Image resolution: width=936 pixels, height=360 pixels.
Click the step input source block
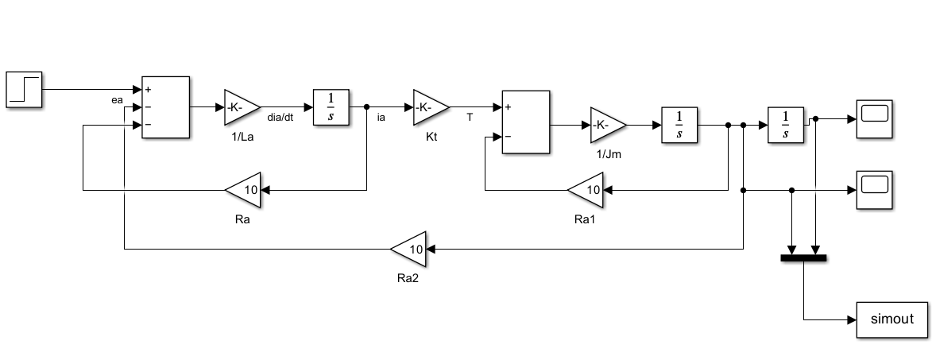(x=24, y=90)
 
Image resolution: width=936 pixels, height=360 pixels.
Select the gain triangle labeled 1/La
(x=242, y=107)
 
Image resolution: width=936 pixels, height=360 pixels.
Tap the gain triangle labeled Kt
(x=431, y=107)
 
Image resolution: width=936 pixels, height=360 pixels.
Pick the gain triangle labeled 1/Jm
(x=609, y=125)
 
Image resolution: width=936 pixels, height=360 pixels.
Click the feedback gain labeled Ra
(x=244, y=191)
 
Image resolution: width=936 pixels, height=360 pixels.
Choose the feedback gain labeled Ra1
(x=586, y=191)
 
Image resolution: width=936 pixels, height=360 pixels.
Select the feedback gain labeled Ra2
(x=409, y=249)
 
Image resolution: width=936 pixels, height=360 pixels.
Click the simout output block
(x=892, y=320)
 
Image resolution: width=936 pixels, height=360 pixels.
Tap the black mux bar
(x=803, y=258)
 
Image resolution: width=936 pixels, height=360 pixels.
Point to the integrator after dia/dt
(x=331, y=107)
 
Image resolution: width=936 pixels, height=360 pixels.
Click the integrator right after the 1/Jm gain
(x=679, y=125)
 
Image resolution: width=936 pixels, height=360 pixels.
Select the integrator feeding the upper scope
(x=786, y=125)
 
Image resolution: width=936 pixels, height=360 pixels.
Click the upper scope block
(x=875, y=118)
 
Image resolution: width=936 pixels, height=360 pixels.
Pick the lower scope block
(x=875, y=190)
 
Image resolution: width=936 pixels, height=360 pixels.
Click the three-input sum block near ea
(x=165, y=107)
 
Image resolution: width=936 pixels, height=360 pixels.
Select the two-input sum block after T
(x=526, y=122)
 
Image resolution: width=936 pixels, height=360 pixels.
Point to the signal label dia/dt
(x=280, y=118)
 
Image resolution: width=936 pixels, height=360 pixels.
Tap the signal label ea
(x=117, y=100)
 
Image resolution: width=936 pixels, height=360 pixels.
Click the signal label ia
(x=381, y=118)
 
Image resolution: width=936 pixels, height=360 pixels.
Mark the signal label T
(x=470, y=118)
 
